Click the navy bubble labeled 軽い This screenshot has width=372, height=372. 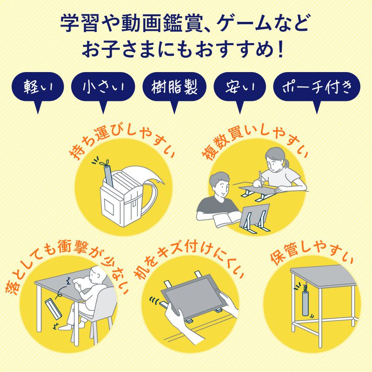(39, 87)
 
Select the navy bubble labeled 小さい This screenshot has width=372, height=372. (103, 87)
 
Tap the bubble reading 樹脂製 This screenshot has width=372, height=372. (174, 87)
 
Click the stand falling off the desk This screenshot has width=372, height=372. (53, 309)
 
